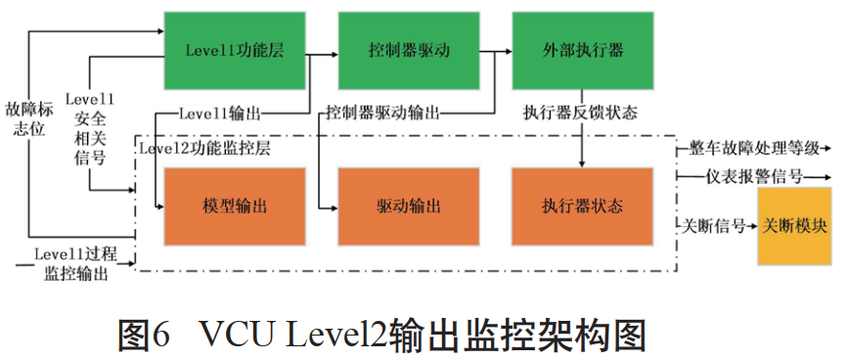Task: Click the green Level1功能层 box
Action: (x=235, y=51)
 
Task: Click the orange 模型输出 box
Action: (x=235, y=205)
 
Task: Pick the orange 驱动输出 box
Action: (x=408, y=205)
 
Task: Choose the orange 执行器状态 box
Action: (x=582, y=205)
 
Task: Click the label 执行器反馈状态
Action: (x=581, y=113)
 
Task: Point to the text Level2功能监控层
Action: (x=205, y=150)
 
